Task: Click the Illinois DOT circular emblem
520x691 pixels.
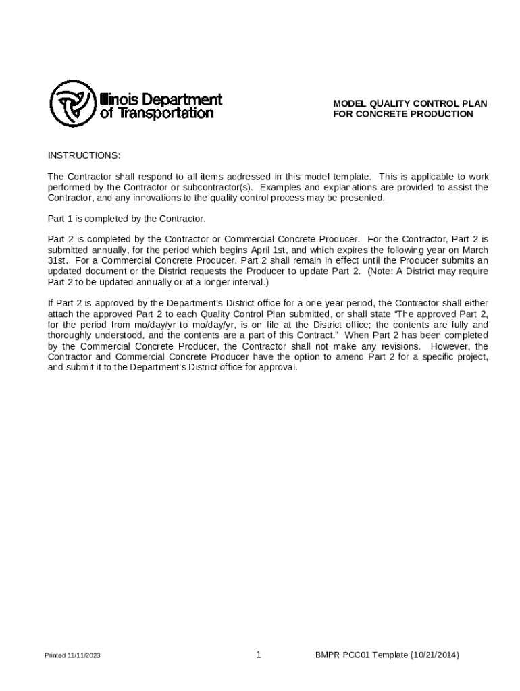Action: (x=72, y=104)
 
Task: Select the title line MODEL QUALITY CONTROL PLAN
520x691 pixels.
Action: (x=410, y=103)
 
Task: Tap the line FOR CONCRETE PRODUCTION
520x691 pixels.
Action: (x=403, y=114)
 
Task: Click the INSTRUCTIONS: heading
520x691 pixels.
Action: (x=84, y=156)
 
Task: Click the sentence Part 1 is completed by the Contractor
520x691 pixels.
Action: (x=126, y=219)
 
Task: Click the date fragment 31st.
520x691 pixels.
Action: (x=57, y=260)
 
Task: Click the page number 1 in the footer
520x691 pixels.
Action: (x=259, y=655)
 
